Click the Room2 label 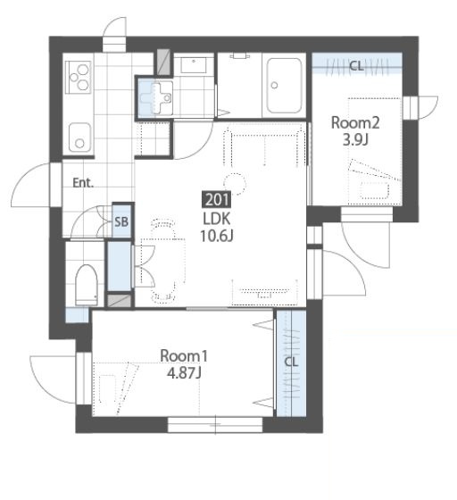tap(355, 123)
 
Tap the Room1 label tap(184, 356)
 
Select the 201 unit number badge tap(217, 200)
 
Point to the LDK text tap(217, 219)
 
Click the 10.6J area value tap(217, 236)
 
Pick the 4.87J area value tap(184, 373)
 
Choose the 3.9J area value tap(355, 139)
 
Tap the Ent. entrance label tap(83, 183)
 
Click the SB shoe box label tap(121, 221)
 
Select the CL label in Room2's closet tap(356, 66)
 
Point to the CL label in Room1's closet tap(291, 362)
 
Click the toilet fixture tap(87, 285)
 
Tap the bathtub tap(284, 85)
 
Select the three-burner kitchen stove tap(79, 77)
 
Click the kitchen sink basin tap(79, 137)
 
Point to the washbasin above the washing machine tap(194, 65)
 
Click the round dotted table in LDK tap(235, 184)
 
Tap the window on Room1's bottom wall tap(215, 425)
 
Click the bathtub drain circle tap(274, 85)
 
